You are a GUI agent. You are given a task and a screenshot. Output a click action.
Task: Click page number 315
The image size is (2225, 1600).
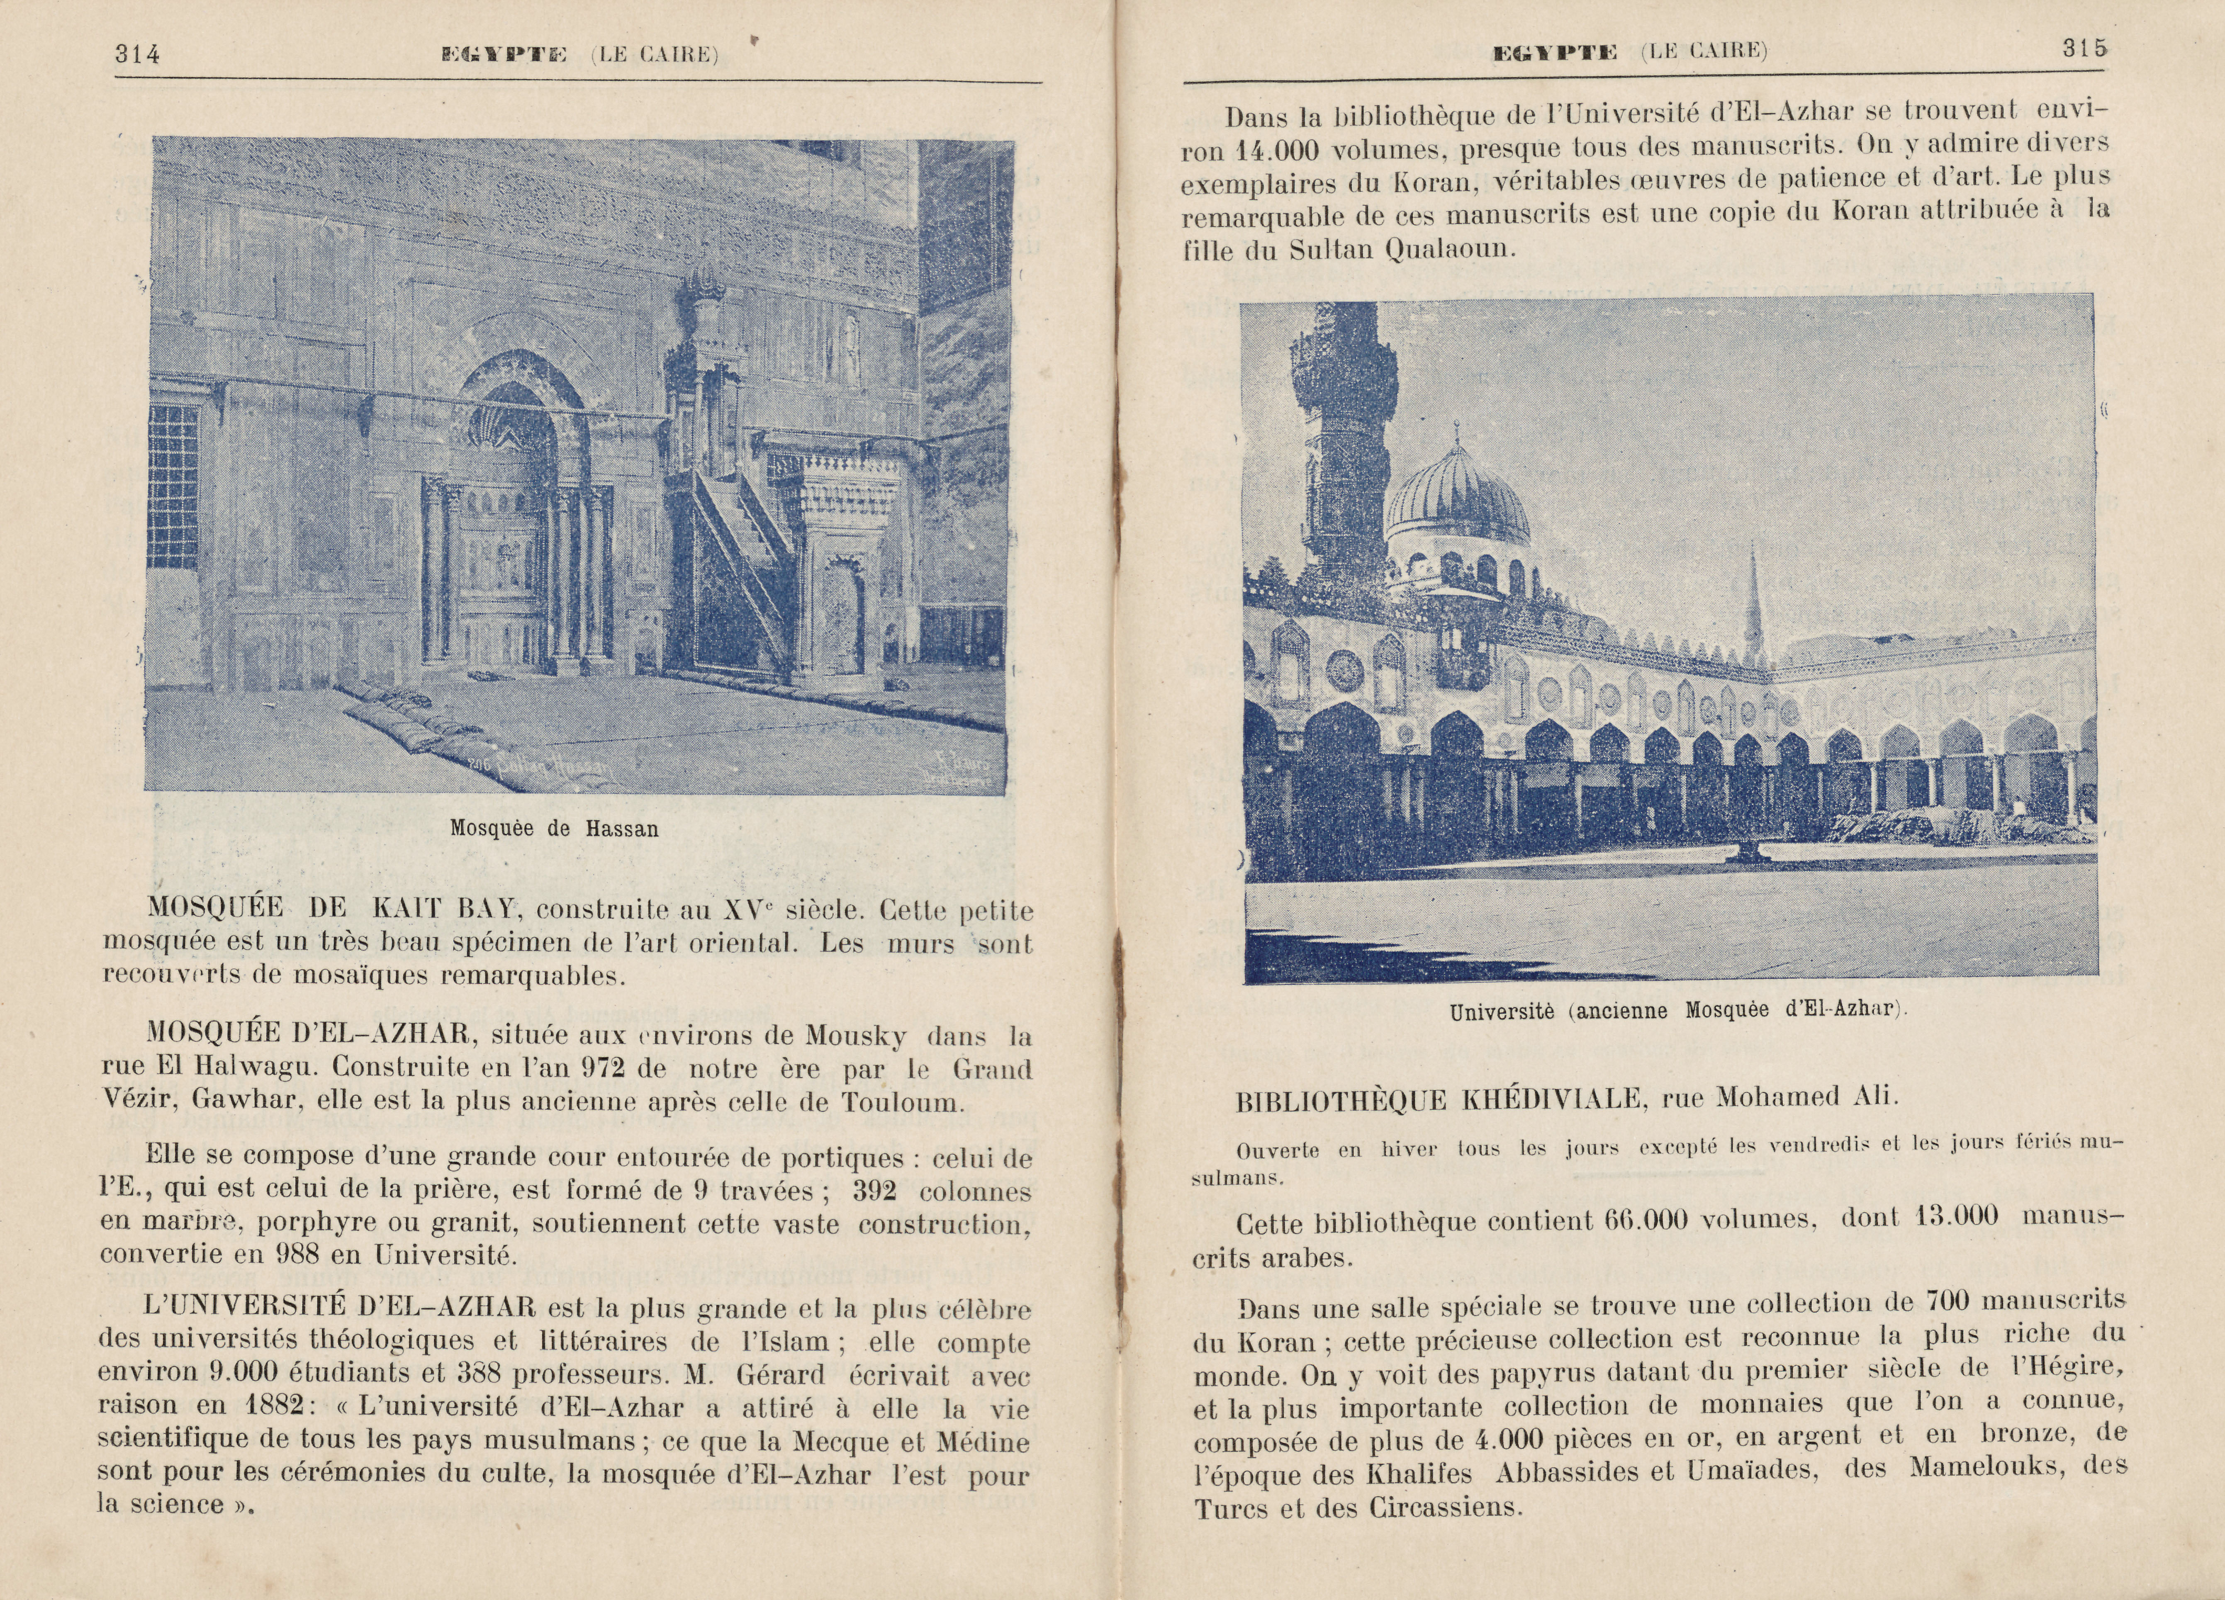[x=2084, y=49]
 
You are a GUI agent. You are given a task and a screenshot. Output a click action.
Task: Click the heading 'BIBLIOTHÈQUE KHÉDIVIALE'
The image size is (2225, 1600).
[x=1439, y=1099]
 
